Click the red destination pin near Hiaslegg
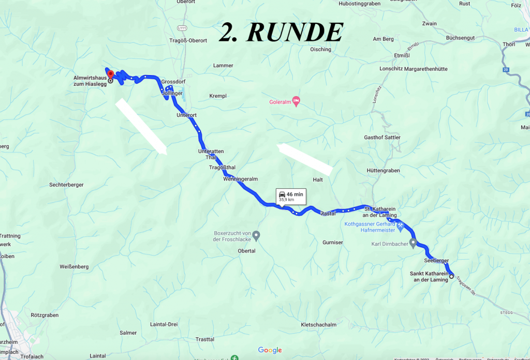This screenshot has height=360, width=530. (110, 74)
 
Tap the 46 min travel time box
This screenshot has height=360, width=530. (291, 196)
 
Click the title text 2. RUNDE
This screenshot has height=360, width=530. (281, 32)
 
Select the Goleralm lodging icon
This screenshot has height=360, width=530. (296, 100)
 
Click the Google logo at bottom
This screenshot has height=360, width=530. (270, 350)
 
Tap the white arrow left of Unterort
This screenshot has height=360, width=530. (141, 126)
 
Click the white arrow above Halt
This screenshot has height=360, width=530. (305, 158)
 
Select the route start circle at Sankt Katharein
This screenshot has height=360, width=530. (451, 277)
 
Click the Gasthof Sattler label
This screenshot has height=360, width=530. (382, 137)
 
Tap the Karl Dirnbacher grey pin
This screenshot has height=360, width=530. (413, 242)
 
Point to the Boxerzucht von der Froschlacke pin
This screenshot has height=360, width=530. (256, 235)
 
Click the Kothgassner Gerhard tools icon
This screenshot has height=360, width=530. (400, 226)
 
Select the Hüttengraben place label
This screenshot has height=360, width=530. (383, 170)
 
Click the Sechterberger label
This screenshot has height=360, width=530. (66, 185)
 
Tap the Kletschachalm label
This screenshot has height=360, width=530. (318, 325)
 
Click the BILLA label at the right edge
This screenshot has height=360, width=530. (522, 30)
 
